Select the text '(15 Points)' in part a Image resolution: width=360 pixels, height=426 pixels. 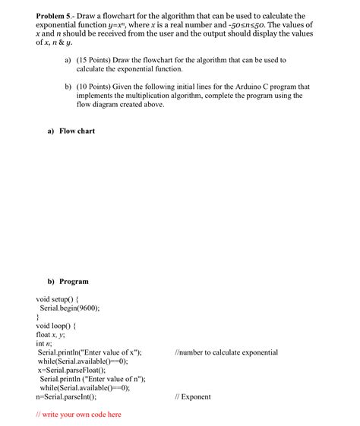coord(94,59)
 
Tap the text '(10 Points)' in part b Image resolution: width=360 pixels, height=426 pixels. coord(94,87)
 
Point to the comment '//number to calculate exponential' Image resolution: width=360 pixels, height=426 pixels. coord(226,353)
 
